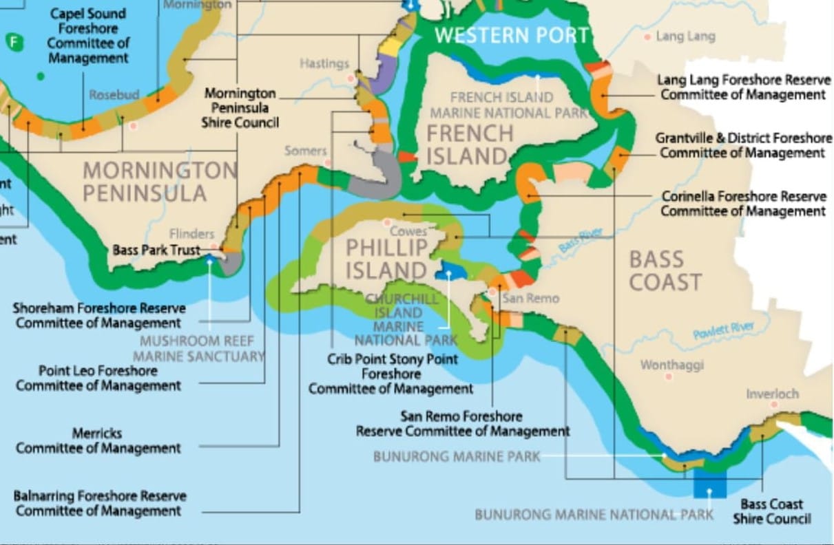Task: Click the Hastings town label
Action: [324, 63]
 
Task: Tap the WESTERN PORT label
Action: [511, 36]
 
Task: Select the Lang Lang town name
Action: [685, 36]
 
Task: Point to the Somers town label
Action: [305, 150]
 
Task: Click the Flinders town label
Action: [191, 234]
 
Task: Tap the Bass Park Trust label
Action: [156, 250]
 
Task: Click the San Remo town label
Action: [530, 299]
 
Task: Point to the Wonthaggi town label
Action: [671, 365]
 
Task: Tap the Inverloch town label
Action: [772, 394]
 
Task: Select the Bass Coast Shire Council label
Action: [771, 511]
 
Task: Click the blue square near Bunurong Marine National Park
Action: [709, 484]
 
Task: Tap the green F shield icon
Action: [14, 43]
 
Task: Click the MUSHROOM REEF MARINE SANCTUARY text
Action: [199, 348]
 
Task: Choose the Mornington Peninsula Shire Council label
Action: [240, 108]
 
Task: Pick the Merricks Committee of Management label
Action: [98, 441]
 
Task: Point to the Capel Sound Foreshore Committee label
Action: [88, 36]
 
